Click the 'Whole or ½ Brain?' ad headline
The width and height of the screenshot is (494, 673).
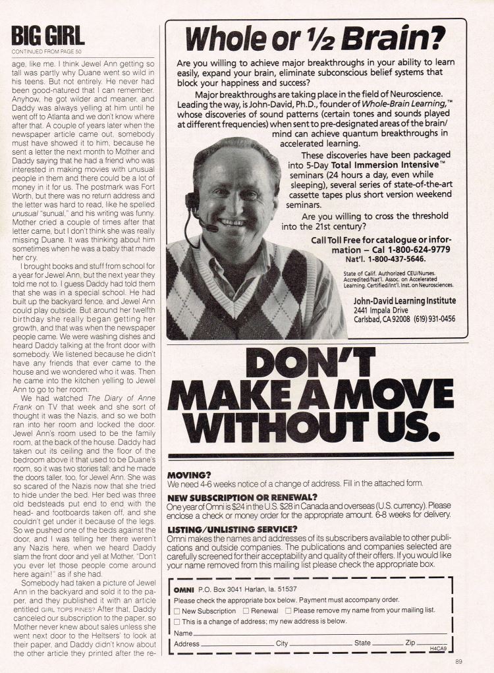(316, 40)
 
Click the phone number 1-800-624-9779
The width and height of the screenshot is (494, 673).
(415, 250)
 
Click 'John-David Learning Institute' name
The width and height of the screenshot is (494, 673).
(404, 300)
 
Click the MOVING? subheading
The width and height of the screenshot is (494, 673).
(189, 474)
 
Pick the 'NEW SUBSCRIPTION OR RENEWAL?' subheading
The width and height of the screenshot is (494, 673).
(242, 497)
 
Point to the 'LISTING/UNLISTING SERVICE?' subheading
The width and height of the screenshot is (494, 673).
(232, 529)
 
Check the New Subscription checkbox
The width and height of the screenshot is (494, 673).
(177, 610)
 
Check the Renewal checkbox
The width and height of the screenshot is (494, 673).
(246, 610)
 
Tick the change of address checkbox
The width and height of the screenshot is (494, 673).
(177, 621)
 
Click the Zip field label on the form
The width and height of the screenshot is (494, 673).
(410, 643)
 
